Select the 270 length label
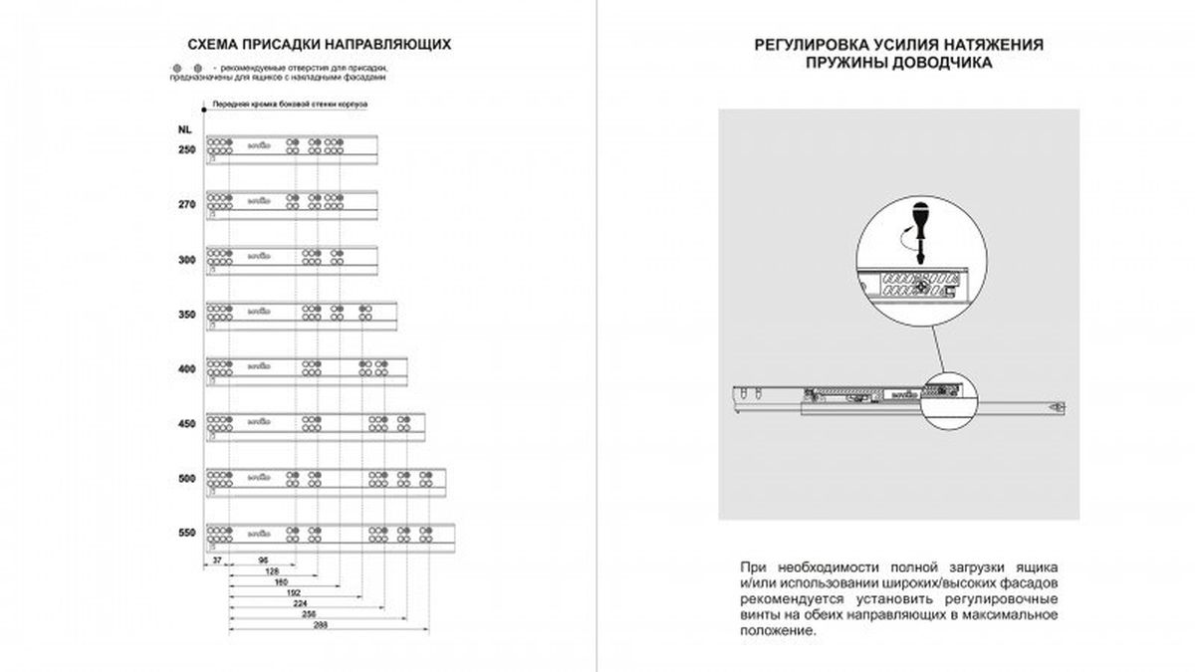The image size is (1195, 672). [x=185, y=204]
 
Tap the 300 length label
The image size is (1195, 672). [x=185, y=259]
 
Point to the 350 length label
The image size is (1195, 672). [x=185, y=315]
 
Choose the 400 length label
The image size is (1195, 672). [x=185, y=369]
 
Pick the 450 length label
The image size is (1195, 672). [x=185, y=425]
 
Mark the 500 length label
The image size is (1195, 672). [x=185, y=480]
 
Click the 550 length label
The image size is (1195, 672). [x=185, y=535]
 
